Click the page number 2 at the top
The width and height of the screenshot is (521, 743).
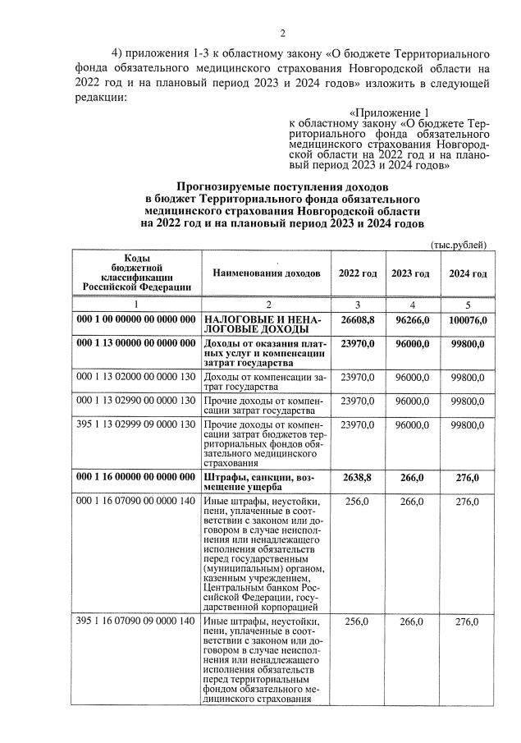click(x=281, y=34)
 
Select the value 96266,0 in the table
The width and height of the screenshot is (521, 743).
click(x=410, y=319)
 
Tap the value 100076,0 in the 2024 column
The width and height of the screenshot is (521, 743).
click(x=464, y=319)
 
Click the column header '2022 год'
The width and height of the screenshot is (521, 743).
click(x=358, y=273)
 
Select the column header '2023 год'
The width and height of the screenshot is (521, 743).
click(x=410, y=273)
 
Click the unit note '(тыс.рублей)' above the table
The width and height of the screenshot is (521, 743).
click(x=459, y=245)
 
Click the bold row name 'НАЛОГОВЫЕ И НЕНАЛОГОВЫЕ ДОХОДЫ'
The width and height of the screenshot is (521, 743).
click(x=262, y=323)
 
